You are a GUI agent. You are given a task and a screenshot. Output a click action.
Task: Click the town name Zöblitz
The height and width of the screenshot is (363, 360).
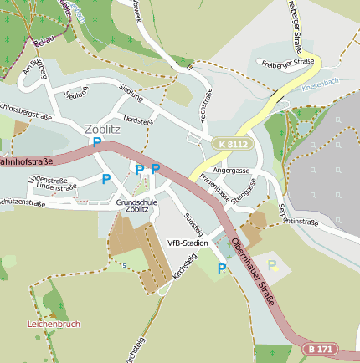point(102,129)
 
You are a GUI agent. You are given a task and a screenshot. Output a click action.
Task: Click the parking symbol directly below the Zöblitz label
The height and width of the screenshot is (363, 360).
point(97,143)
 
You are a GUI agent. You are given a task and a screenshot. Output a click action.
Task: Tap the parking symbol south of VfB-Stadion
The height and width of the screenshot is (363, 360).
point(222,268)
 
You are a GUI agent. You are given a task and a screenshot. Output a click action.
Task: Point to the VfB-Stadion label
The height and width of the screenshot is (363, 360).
point(188,243)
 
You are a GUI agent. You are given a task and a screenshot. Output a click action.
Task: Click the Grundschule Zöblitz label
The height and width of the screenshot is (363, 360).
point(137,206)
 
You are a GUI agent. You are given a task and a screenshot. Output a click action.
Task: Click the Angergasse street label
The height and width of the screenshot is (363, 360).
point(232,171)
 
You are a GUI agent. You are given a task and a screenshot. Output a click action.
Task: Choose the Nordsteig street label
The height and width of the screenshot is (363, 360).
point(138,120)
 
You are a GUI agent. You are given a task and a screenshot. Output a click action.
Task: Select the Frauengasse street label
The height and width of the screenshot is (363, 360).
point(213,192)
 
